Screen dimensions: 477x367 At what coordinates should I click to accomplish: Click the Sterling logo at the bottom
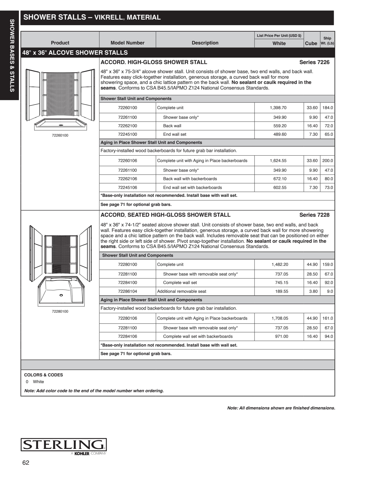tap(63, 445)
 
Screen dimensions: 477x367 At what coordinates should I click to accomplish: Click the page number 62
tap(26, 463)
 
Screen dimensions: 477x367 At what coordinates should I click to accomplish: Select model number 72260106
tap(127, 161)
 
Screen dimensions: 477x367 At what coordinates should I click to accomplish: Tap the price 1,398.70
tap(278, 108)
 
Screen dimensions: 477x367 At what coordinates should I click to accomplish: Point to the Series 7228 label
tap(314, 215)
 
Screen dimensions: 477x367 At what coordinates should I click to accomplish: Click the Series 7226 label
tap(314, 62)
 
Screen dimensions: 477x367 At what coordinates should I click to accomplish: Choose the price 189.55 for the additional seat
tap(281, 291)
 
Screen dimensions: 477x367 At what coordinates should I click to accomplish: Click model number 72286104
tap(127, 291)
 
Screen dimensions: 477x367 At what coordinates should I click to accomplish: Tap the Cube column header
tap(311, 43)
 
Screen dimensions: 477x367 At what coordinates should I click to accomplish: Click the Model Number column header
tap(127, 43)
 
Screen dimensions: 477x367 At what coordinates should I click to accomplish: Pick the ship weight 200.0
tap(328, 161)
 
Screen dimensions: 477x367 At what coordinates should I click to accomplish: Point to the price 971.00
tap(281, 336)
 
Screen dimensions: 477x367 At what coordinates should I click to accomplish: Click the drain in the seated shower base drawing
tap(61, 295)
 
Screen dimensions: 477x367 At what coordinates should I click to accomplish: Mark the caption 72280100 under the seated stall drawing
tap(60, 311)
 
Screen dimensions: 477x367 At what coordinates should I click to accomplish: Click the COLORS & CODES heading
tap(44, 375)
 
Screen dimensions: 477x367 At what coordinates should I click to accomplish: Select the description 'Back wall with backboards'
tap(190, 179)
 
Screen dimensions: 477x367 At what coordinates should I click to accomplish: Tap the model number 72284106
tap(127, 336)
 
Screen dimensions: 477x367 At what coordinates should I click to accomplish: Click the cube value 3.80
tap(313, 291)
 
